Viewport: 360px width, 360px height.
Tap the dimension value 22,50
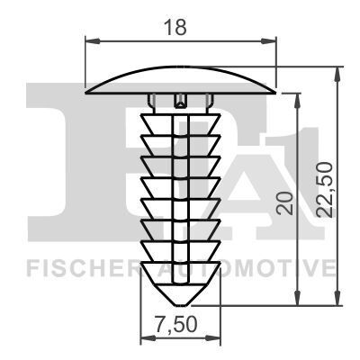[326, 190]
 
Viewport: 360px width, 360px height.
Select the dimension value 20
[284, 202]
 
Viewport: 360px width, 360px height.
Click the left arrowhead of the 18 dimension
[93, 41]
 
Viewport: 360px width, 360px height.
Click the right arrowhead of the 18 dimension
[268, 41]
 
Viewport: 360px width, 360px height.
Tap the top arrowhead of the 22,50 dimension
[337, 74]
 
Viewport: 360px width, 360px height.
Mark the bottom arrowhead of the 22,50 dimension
[337, 298]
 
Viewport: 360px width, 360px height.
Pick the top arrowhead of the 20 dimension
[297, 101]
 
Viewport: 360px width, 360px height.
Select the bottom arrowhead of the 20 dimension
[297, 298]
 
